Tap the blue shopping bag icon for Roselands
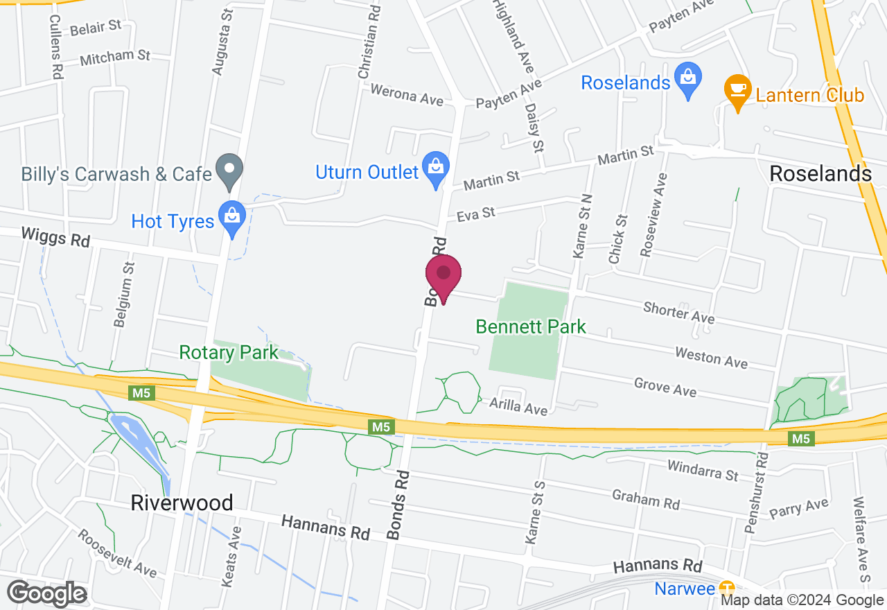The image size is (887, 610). click(x=688, y=81)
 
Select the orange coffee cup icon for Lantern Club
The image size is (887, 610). click(x=738, y=93)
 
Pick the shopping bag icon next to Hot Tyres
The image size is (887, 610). click(x=231, y=218)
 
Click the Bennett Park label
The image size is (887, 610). click(x=531, y=326)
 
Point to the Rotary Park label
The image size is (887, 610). click(x=229, y=352)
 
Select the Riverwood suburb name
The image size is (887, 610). click(x=182, y=503)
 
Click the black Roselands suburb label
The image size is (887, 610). click(x=820, y=173)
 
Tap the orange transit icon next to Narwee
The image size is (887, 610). click(x=726, y=588)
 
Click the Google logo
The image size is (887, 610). click(x=46, y=594)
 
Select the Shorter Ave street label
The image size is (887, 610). click(x=678, y=312)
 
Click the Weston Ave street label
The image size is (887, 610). click(x=711, y=358)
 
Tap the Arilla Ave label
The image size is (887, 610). click(x=518, y=406)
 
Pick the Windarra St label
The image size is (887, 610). click(x=703, y=470)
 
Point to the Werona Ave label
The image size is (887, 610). click(x=407, y=95)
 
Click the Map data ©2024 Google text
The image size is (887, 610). click(x=802, y=600)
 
